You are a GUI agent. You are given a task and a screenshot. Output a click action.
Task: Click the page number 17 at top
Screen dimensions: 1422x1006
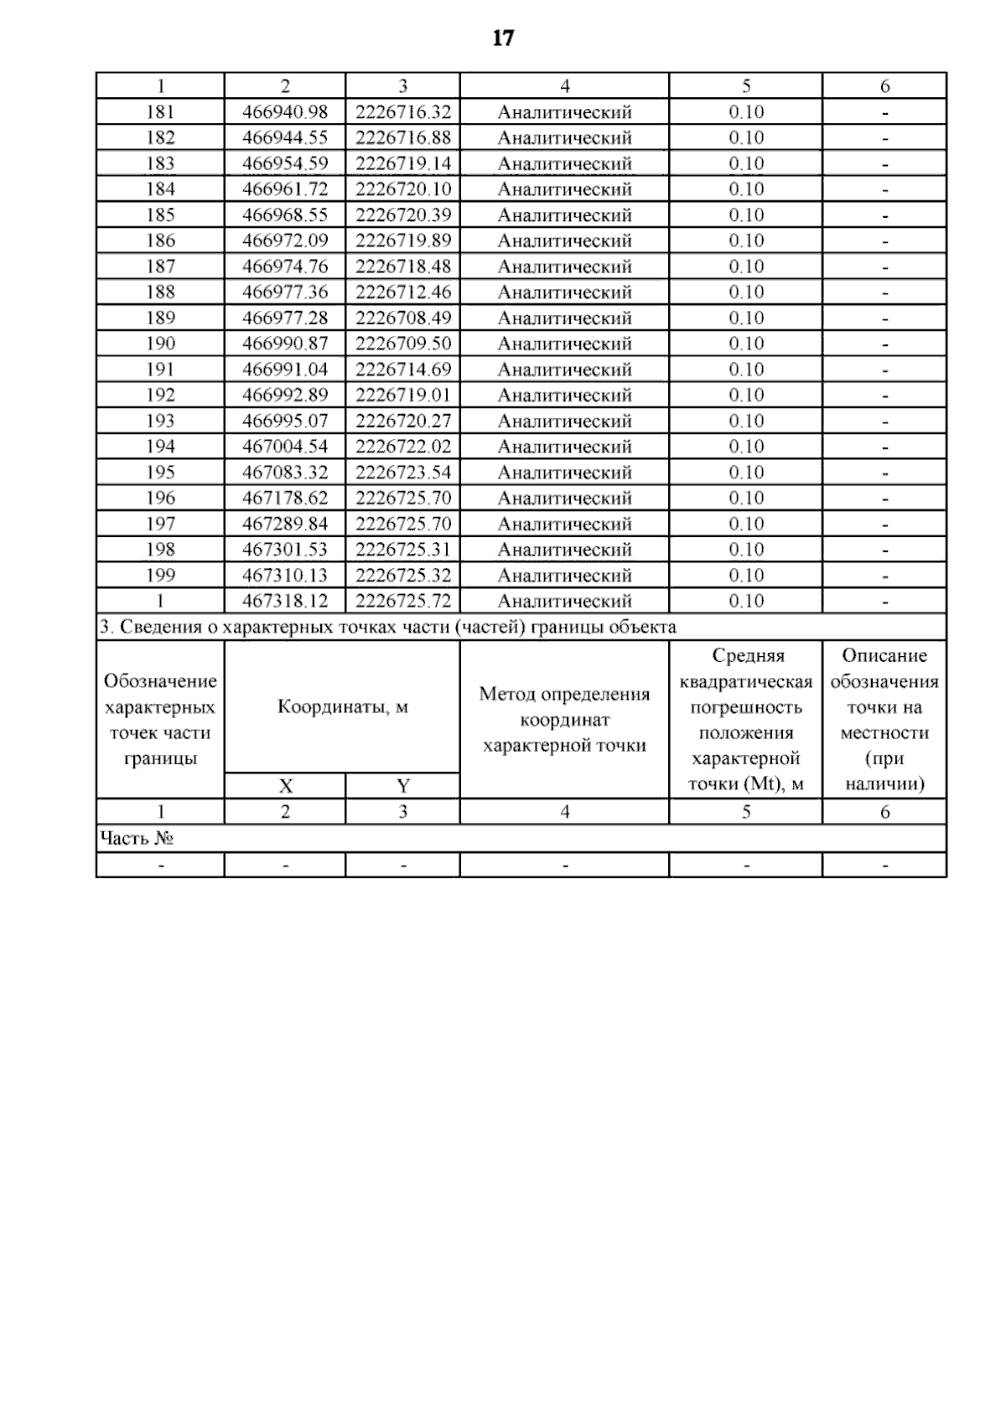[x=503, y=39]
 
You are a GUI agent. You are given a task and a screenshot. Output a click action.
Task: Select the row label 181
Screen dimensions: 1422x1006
[x=160, y=112]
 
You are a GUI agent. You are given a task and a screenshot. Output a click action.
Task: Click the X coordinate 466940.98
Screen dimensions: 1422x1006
[x=285, y=112]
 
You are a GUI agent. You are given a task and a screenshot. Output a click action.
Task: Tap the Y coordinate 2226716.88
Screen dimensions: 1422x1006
[x=403, y=137]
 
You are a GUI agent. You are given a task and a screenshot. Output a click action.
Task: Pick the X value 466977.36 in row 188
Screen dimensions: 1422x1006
[x=285, y=292]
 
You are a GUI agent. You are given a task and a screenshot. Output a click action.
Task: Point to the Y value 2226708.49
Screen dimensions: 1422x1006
[x=403, y=318]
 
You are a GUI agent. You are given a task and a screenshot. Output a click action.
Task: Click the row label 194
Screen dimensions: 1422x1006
[x=160, y=447]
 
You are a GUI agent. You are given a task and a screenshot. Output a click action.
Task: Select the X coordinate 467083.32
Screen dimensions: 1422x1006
[x=285, y=473]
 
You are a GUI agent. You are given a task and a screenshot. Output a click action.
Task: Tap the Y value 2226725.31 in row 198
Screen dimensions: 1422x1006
[x=403, y=550]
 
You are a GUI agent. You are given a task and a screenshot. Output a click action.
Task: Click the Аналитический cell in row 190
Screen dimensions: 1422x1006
[x=564, y=344]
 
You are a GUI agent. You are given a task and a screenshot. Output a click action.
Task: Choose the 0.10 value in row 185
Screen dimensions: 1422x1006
[x=746, y=215]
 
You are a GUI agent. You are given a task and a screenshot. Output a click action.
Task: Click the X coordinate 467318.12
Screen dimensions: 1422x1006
[x=285, y=601]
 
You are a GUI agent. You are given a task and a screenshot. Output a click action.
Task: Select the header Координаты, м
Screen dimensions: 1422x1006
[x=342, y=707]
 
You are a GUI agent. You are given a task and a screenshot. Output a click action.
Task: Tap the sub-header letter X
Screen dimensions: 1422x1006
[x=286, y=786]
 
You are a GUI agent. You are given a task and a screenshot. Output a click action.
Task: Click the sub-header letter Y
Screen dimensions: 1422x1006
[x=403, y=786]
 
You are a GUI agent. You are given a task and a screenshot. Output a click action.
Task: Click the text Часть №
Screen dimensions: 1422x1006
[x=137, y=839]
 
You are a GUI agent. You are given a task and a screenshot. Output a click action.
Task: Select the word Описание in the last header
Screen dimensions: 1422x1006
[x=884, y=656]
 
